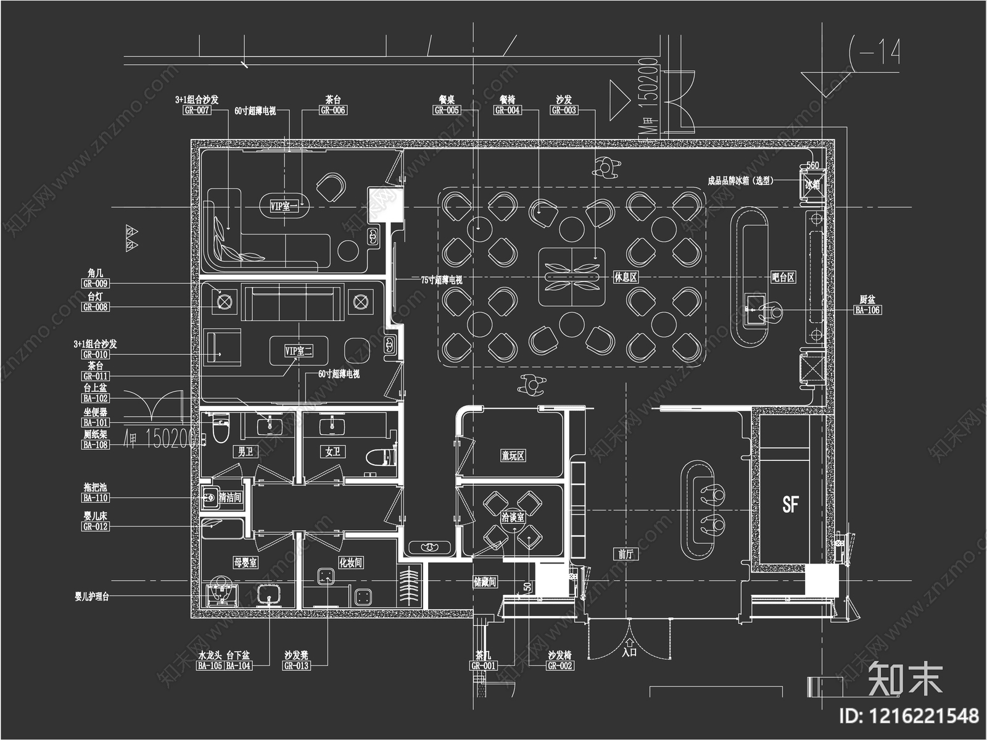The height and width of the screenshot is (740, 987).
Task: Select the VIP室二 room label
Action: [299, 351]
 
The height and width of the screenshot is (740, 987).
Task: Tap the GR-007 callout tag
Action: [197, 110]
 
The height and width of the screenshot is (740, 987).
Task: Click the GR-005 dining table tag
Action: [447, 110]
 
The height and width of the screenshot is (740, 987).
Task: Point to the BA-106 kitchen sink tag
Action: [867, 310]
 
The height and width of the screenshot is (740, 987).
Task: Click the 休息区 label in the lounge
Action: [625, 278]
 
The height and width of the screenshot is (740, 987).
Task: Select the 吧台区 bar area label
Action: [783, 278]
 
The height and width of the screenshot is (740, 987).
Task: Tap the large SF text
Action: [790, 504]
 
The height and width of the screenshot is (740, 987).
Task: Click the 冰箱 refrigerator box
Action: [812, 184]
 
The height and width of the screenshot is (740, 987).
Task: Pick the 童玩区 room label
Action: [513, 456]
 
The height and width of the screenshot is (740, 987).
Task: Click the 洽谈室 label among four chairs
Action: [512, 517]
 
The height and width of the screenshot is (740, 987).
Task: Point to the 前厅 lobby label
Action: [626, 554]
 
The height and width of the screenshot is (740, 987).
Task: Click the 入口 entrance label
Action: [629, 652]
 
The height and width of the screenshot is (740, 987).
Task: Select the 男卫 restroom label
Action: [246, 452]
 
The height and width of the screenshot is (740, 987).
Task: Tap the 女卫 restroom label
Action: [333, 452]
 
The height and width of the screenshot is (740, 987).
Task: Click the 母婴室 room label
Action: [245, 563]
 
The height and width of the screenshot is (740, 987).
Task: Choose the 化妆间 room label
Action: [350, 563]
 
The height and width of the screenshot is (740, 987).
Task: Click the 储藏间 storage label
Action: [484, 582]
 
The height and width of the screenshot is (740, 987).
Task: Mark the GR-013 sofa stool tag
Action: [296, 666]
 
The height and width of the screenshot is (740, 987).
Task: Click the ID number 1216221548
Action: [910, 716]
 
